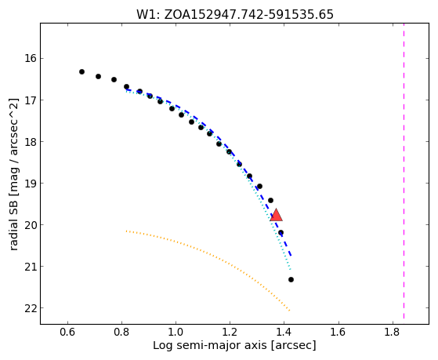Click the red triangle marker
(277, 215)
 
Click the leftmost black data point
(81, 72)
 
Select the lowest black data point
(291, 279)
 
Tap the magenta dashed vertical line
(404, 171)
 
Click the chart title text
(235, 15)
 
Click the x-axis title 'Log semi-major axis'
(210, 346)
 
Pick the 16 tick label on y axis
(31, 59)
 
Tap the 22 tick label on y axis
(31, 308)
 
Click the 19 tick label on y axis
(31, 184)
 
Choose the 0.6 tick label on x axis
(67, 333)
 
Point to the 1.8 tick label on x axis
(393, 333)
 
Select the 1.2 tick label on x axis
(230, 333)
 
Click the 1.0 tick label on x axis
(176, 333)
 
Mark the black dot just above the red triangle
(270, 200)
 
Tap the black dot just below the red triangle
(281, 232)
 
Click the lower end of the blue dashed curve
(291, 256)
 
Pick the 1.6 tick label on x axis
(338, 333)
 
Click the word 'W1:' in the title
(148, 15)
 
